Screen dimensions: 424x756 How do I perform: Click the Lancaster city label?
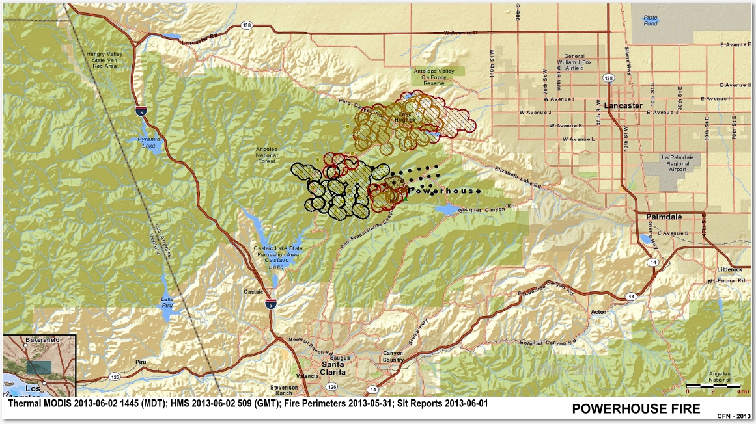point(623,105)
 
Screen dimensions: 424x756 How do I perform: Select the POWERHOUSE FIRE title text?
point(636,408)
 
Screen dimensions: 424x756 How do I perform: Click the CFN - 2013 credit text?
point(734,416)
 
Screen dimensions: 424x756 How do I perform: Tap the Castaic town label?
point(253,292)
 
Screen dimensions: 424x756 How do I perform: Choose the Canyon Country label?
point(393,356)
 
